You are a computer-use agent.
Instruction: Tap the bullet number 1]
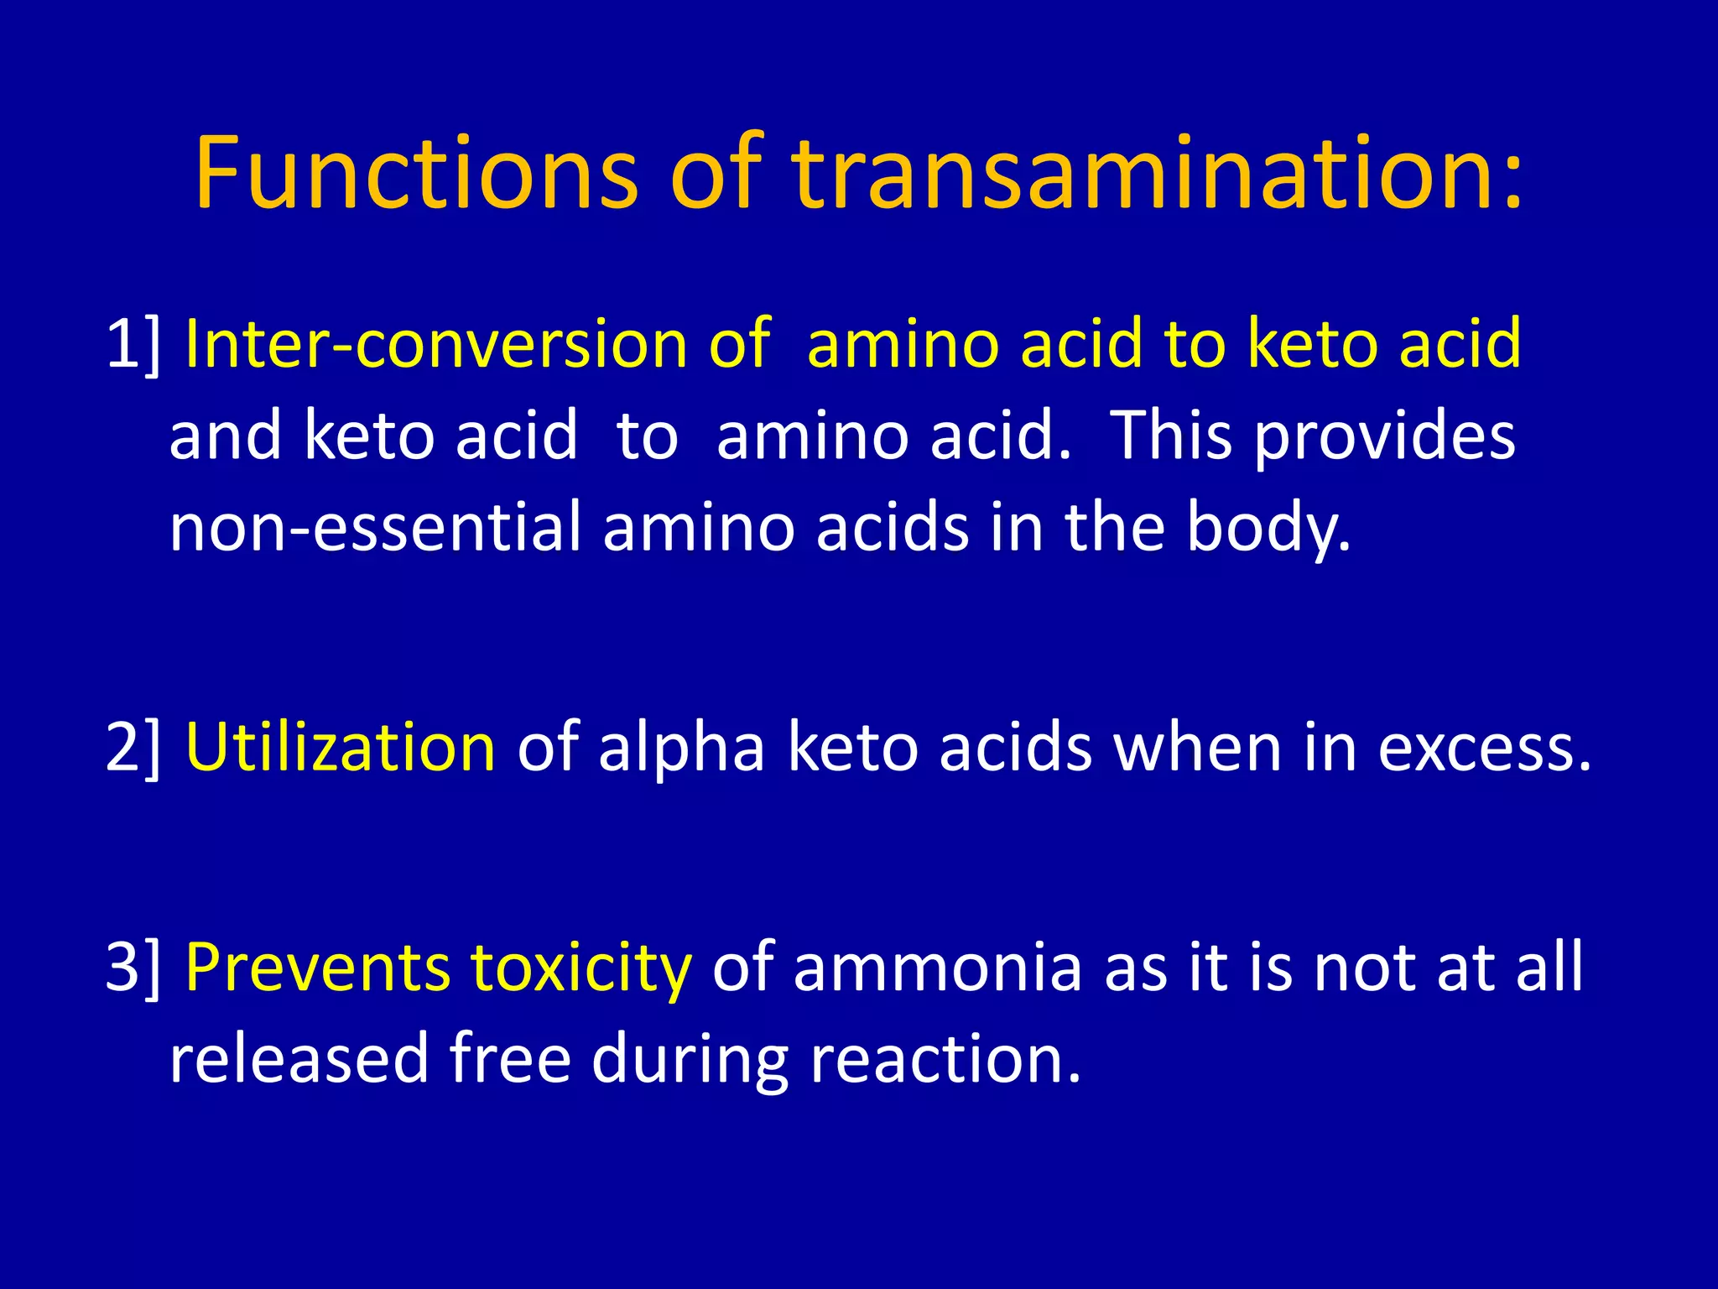pos(133,344)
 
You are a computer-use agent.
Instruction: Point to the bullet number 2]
pos(133,747)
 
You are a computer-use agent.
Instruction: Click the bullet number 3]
pos(133,967)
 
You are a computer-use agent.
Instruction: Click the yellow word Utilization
pos(340,747)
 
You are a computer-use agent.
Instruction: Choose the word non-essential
pos(375,527)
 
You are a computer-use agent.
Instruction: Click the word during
pos(690,1059)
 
